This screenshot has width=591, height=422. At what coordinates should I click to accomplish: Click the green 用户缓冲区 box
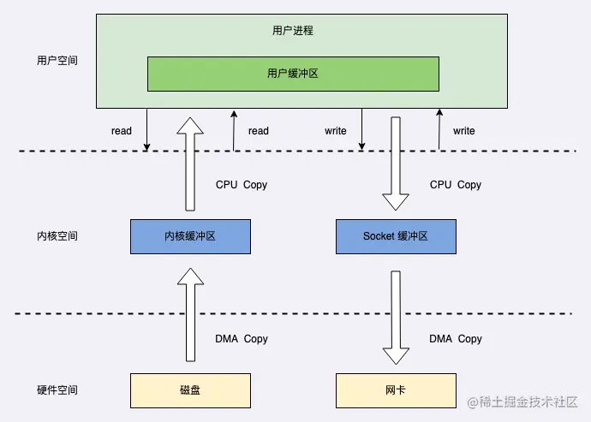[x=293, y=74]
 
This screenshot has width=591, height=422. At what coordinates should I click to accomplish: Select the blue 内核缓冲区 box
[x=190, y=236]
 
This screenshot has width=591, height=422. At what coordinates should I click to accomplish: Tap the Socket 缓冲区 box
[x=395, y=236]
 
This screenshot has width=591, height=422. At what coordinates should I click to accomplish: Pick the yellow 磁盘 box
[x=190, y=390]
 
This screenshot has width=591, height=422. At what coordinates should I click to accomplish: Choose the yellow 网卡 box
[x=395, y=390]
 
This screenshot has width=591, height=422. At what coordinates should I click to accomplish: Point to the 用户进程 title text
[x=293, y=31]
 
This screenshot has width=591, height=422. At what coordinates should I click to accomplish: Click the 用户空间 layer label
[x=57, y=62]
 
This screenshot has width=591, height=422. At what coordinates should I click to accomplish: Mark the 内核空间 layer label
[x=57, y=236]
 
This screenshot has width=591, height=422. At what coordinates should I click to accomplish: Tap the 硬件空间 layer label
[x=57, y=390]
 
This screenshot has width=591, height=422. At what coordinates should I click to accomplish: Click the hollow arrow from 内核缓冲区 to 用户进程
[x=190, y=164]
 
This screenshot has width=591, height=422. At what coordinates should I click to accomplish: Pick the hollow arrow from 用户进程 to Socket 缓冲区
[x=396, y=163]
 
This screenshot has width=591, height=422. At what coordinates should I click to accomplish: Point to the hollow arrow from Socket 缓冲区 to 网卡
[x=396, y=317]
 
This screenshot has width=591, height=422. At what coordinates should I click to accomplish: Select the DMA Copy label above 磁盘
[x=241, y=339]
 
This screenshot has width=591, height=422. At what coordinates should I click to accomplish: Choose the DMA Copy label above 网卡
[x=456, y=339]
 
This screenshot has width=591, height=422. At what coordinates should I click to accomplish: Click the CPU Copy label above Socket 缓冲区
[x=456, y=185]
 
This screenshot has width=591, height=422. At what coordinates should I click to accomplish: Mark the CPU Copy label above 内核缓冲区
[x=241, y=185]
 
